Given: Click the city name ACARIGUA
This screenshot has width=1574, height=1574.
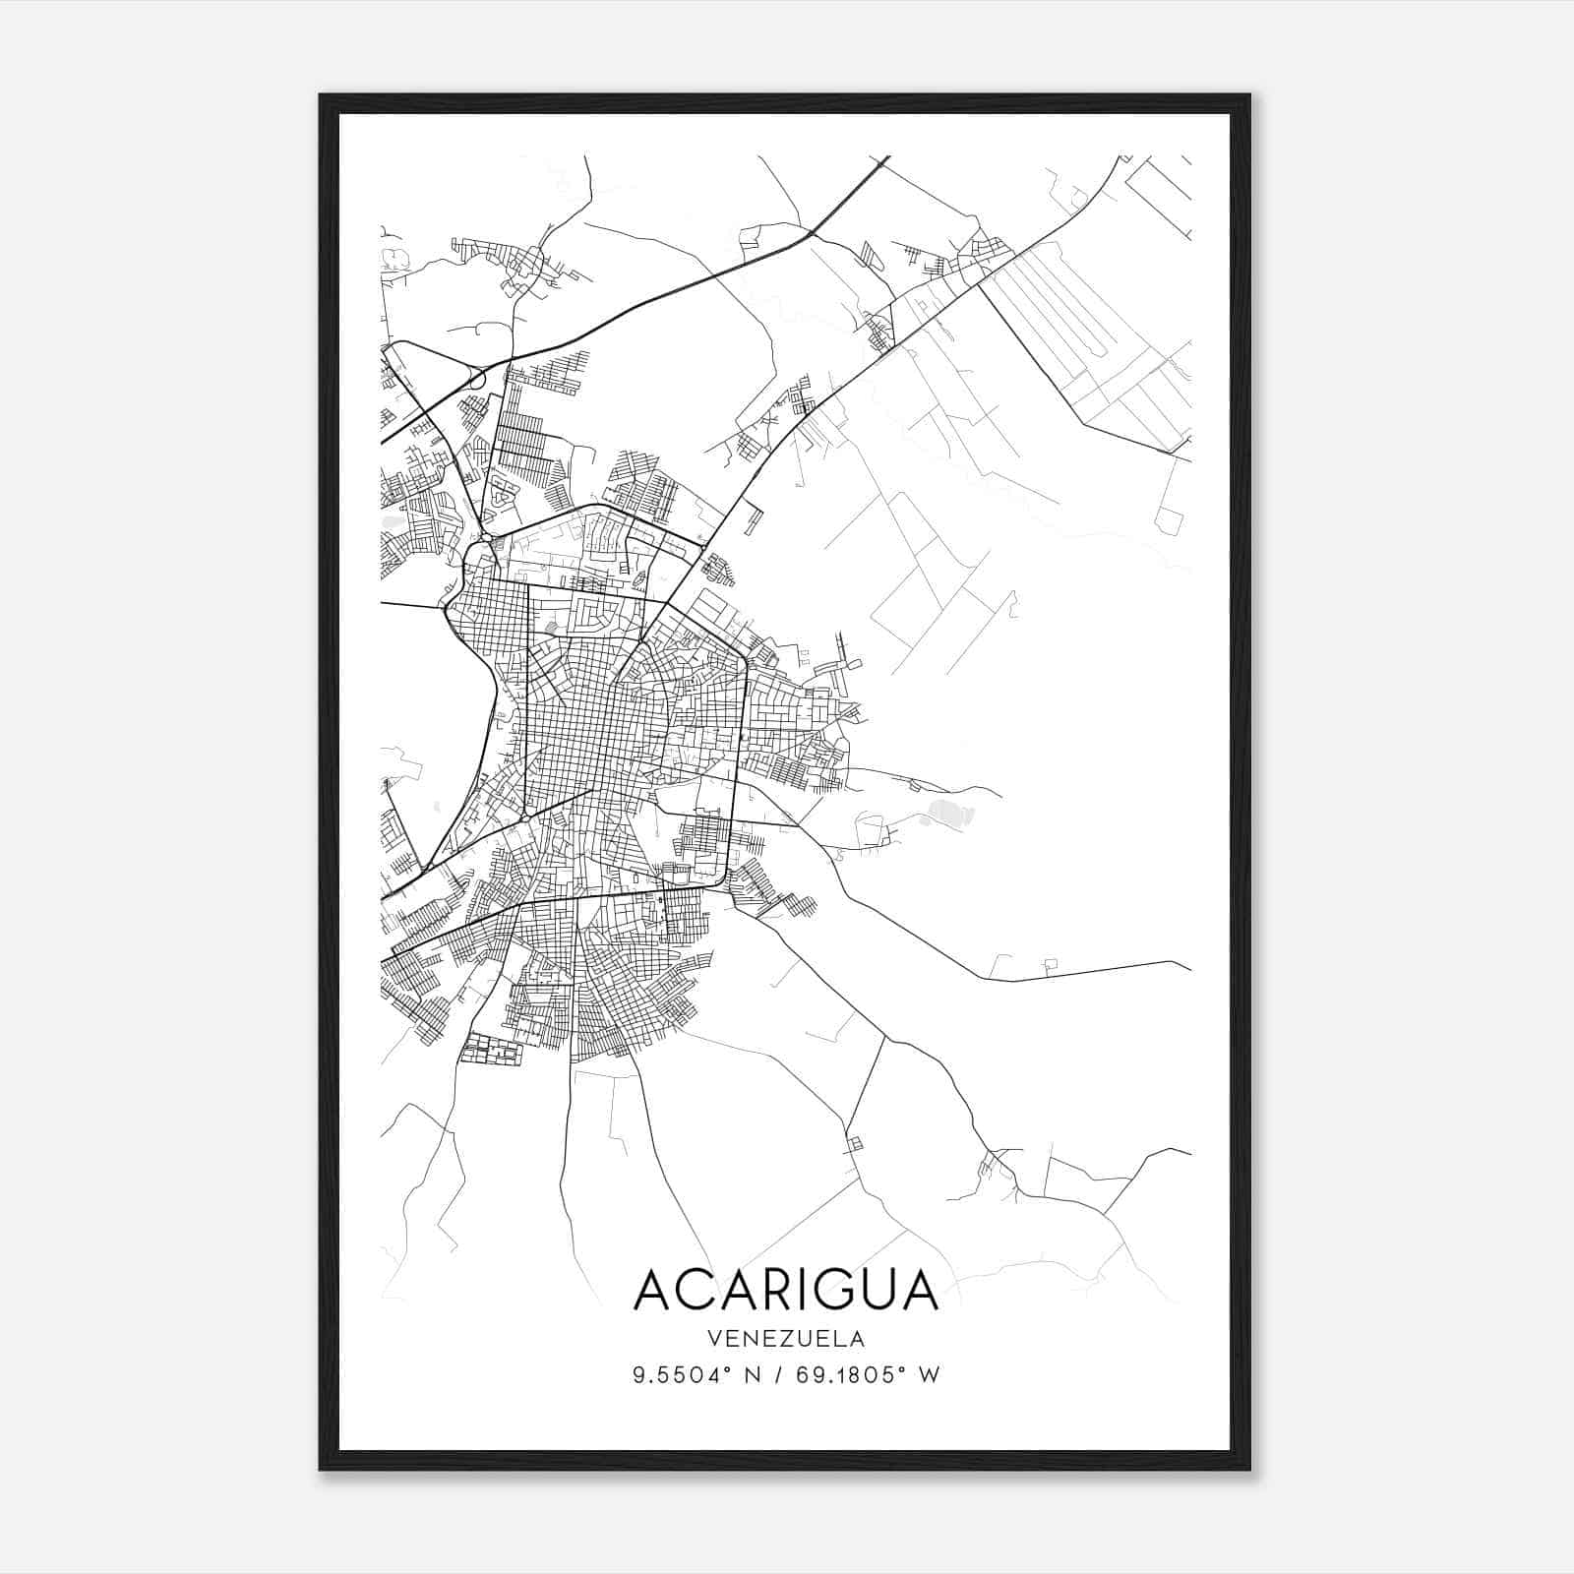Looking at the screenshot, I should point(786,1290).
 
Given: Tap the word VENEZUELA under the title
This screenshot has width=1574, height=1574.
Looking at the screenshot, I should point(786,1339).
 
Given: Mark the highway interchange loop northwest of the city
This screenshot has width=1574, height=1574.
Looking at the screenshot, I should point(476,379).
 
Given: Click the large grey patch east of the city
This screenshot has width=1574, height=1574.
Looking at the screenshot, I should point(946,813).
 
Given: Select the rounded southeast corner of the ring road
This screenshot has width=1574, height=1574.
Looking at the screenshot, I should point(724,876).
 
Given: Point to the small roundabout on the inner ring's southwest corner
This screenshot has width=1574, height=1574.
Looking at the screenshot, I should point(525,817).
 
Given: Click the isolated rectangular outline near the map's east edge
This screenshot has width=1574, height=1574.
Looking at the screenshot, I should point(1171,521).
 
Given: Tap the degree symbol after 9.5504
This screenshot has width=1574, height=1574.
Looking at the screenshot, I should point(729,1368).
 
